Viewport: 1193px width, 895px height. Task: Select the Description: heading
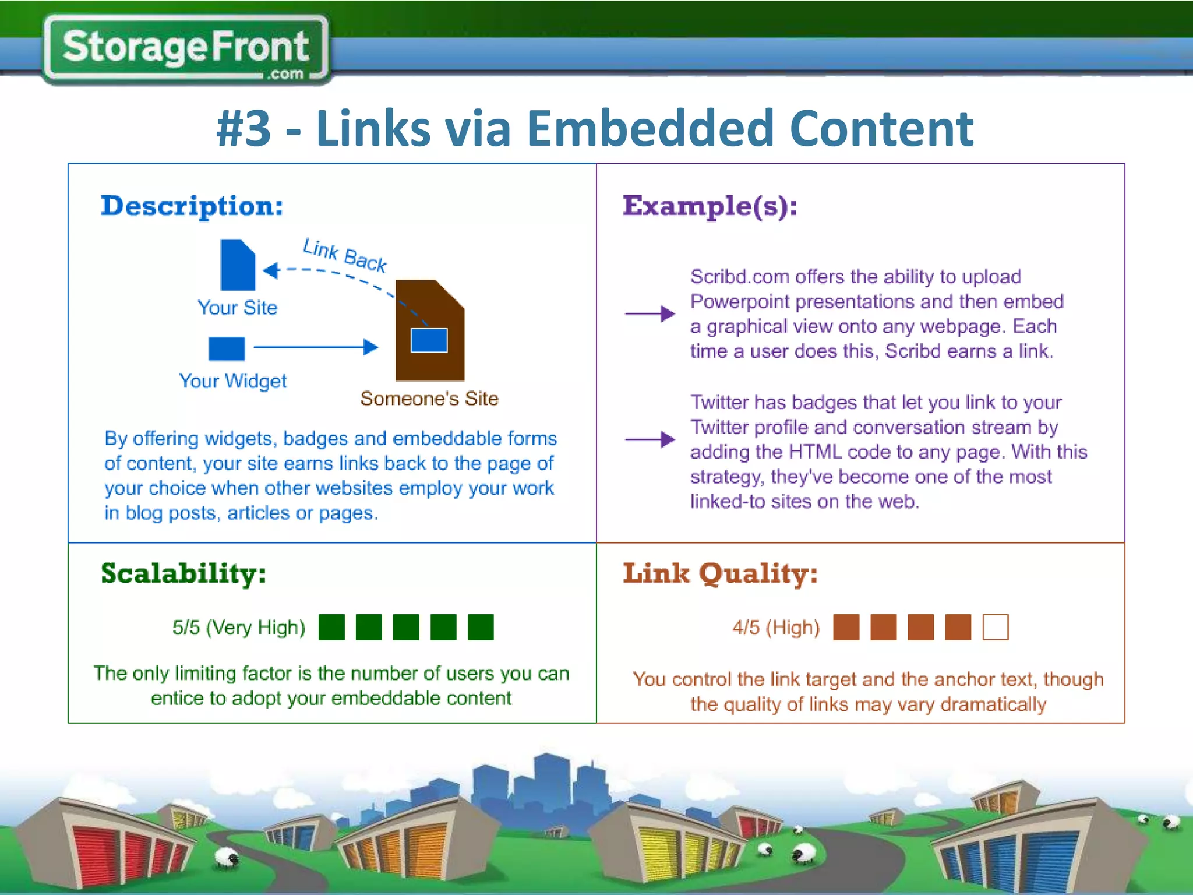[x=192, y=206]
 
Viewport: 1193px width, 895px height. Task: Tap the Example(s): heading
[x=710, y=206]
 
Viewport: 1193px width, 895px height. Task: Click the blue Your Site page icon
[x=238, y=265]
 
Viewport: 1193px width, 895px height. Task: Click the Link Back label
[x=345, y=255]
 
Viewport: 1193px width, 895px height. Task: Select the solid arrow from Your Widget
[x=316, y=347]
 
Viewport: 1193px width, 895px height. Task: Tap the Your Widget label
[x=232, y=381]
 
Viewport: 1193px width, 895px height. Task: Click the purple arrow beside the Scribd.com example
[x=650, y=313]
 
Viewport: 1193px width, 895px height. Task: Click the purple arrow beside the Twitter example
[x=650, y=439]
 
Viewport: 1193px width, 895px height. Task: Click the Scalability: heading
[x=183, y=573]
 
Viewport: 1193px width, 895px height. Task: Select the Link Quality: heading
[x=721, y=573]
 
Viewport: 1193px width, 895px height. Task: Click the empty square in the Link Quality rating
[x=995, y=628]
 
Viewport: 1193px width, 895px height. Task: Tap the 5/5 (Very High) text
[x=239, y=628]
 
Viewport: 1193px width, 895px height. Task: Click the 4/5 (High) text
[x=776, y=628]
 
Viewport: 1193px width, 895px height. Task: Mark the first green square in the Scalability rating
[x=331, y=628]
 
